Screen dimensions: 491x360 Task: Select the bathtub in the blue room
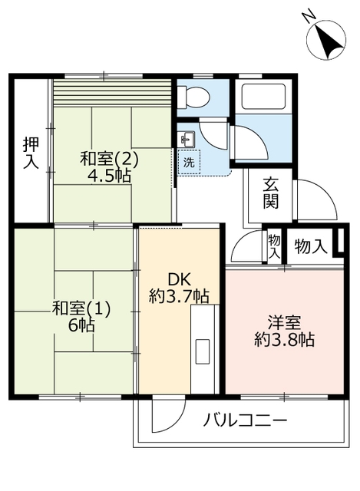pyautogui.click(x=263, y=99)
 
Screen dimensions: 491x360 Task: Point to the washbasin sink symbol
pyautogui.click(x=188, y=139)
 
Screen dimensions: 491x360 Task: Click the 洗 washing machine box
pyautogui.click(x=188, y=163)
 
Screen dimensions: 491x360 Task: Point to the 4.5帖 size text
pyautogui.click(x=108, y=175)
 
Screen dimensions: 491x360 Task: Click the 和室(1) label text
pyautogui.click(x=82, y=308)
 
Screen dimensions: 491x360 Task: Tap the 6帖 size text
pyautogui.click(x=81, y=325)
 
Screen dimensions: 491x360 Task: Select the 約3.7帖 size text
pyautogui.click(x=178, y=295)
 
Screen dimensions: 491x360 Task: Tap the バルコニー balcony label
pyautogui.click(x=245, y=421)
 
